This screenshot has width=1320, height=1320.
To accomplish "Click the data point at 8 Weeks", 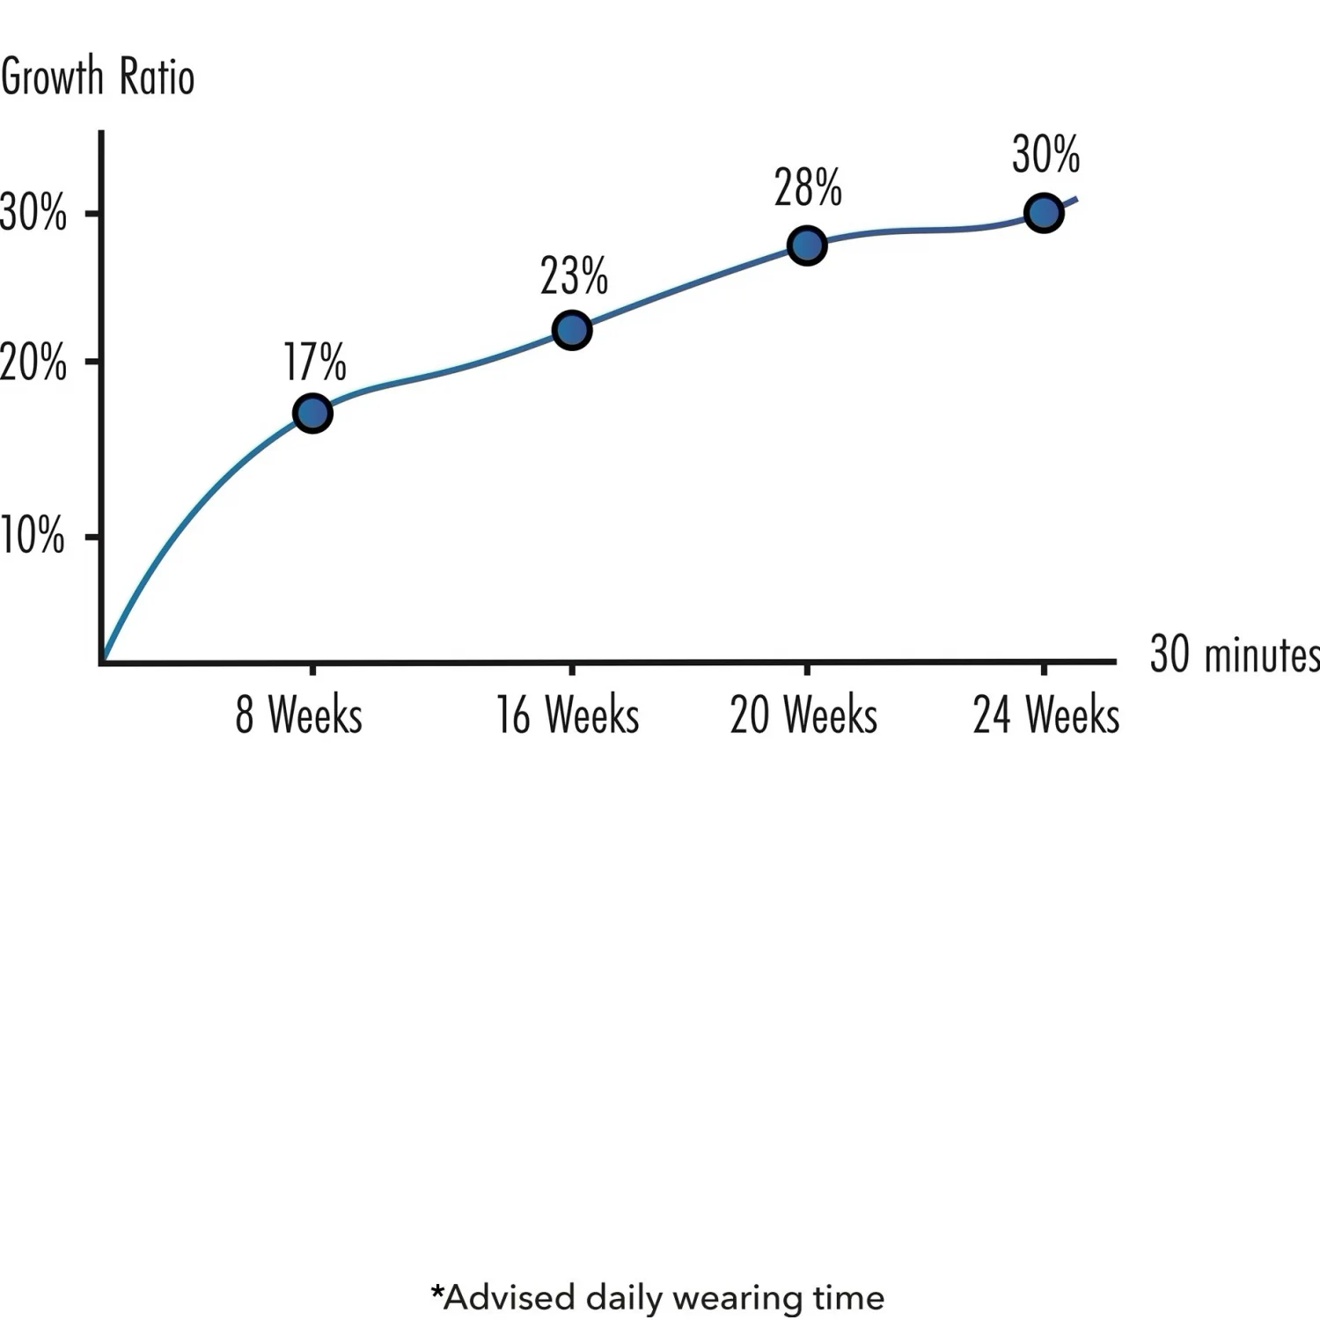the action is click(x=312, y=413).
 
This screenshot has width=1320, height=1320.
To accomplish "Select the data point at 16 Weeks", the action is click(x=572, y=330).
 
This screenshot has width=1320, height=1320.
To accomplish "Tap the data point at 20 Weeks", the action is click(x=807, y=245).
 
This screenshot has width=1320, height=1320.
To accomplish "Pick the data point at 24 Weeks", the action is click(x=1044, y=213).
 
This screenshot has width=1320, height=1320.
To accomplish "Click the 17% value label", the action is click(x=314, y=362).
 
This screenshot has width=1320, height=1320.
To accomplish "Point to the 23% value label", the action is click(x=574, y=276).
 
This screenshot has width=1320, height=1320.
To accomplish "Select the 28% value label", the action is click(x=808, y=187).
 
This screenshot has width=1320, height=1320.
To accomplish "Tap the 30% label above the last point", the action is click(x=1045, y=155).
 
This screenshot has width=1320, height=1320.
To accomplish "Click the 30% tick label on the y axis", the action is click(x=33, y=212).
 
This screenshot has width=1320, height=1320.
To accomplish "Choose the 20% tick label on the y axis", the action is click(x=33, y=362).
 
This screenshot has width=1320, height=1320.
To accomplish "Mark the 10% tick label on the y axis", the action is click(x=33, y=535).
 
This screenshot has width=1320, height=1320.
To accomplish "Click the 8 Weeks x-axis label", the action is click(x=298, y=715).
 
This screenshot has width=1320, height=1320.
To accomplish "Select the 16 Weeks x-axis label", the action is click(x=568, y=715).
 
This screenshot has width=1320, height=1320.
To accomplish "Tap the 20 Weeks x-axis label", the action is click(x=803, y=715).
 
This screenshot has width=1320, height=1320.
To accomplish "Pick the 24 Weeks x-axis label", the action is click(x=1046, y=715).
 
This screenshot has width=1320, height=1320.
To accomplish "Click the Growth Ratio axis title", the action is click(x=97, y=77).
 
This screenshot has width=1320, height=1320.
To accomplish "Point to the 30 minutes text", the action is click(x=1235, y=655).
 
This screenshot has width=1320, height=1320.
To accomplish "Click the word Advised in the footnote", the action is click(x=510, y=1297).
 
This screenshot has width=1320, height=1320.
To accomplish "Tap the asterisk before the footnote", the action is click(x=437, y=1292).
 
